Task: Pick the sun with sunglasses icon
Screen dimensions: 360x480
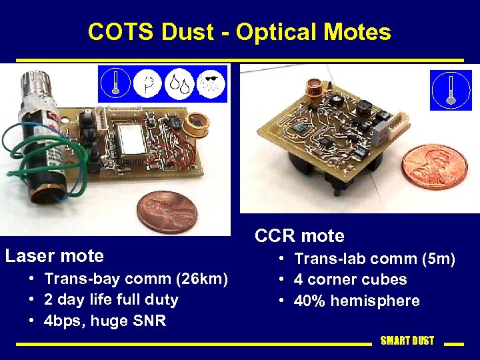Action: point(211,84)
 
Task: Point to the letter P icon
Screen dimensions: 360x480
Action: point(147,84)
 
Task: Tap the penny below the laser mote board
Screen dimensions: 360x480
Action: point(167,212)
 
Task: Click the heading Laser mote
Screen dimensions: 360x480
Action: point(55,256)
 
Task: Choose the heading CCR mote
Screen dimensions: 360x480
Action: point(300,236)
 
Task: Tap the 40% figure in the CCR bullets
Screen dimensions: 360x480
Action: point(311,301)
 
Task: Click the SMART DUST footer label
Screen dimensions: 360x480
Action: point(407,341)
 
